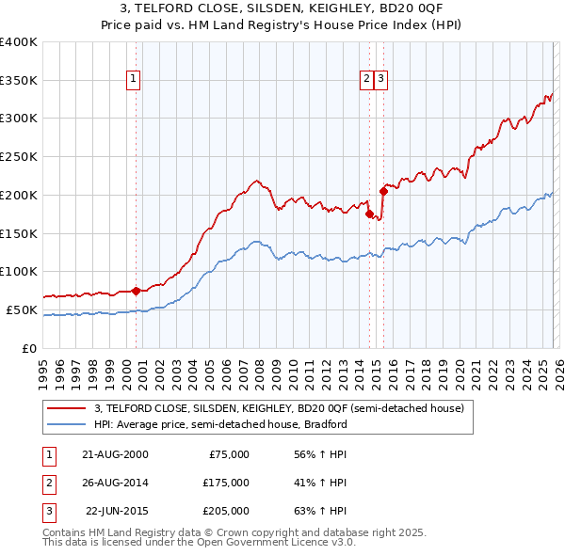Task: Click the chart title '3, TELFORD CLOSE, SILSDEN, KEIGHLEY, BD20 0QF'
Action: pos(282,8)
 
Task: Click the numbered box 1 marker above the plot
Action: pos(135,80)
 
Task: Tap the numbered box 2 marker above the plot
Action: pos(366,80)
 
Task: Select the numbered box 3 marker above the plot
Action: pos(380,80)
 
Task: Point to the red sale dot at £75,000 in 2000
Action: pos(136,290)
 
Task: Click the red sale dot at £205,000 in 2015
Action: pos(383,191)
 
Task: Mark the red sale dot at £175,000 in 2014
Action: pos(369,214)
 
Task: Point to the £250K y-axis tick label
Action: pos(19,157)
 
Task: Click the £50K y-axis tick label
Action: pos(23,309)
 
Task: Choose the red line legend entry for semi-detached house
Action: pos(279,409)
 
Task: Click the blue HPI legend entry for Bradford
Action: pos(220,425)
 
